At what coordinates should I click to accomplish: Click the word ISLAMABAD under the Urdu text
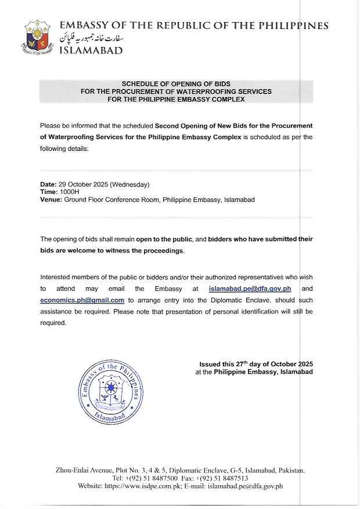(x=92, y=50)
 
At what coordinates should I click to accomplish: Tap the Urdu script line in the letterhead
(x=93, y=38)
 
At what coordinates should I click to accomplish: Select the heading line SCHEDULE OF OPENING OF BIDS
(x=176, y=84)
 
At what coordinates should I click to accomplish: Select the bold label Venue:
(x=51, y=200)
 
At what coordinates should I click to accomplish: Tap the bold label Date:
(x=49, y=185)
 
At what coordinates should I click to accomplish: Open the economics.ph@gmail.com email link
(x=82, y=300)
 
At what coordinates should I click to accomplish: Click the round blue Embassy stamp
(x=110, y=391)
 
